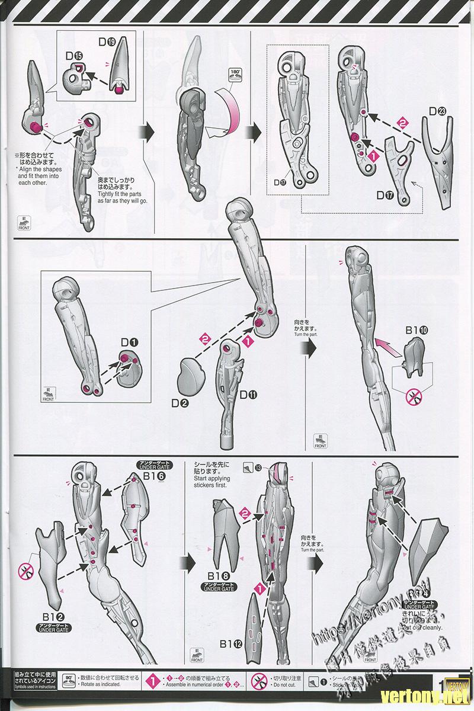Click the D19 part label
(107, 42)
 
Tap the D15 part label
(75, 57)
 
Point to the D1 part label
(129, 343)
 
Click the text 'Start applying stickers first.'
(226, 481)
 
